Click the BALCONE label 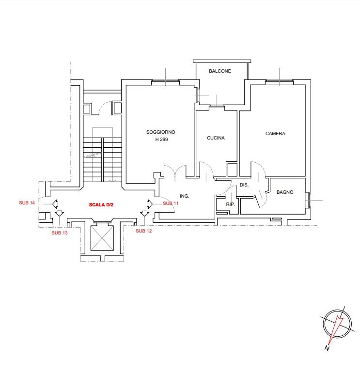[x=220, y=71]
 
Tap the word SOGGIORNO [x=160, y=132]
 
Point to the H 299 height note [x=161, y=140]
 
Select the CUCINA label [x=216, y=138]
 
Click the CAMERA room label [x=275, y=134]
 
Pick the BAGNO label [x=285, y=192]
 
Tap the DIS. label [x=244, y=185]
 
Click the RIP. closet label [x=230, y=204]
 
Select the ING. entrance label [x=184, y=196]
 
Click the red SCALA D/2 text [x=101, y=204]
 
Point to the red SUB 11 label [x=171, y=203]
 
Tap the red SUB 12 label [x=143, y=231]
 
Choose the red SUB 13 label [x=60, y=233]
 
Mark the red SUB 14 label [x=27, y=202]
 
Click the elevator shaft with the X [x=102, y=238]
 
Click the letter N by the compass [x=327, y=348]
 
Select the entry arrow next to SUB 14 [x=55, y=204]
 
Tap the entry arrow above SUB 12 [x=144, y=213]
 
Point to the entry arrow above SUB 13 [x=59, y=213]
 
